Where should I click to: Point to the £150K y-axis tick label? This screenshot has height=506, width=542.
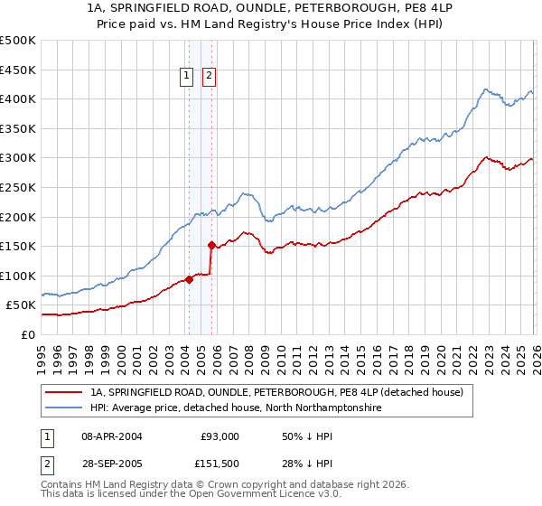(18, 246)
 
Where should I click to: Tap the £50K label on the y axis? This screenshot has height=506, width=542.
(21, 305)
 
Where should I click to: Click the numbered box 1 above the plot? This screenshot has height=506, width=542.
(188, 77)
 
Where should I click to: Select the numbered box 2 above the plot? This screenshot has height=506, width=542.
(210, 77)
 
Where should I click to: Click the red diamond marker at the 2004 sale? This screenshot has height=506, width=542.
(189, 279)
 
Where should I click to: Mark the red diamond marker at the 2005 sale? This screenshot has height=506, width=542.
(211, 245)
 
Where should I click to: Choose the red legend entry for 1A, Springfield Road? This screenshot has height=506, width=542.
(276, 392)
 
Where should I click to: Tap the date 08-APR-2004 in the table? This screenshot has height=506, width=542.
(112, 436)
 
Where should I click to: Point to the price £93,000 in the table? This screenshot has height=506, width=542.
(220, 436)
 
